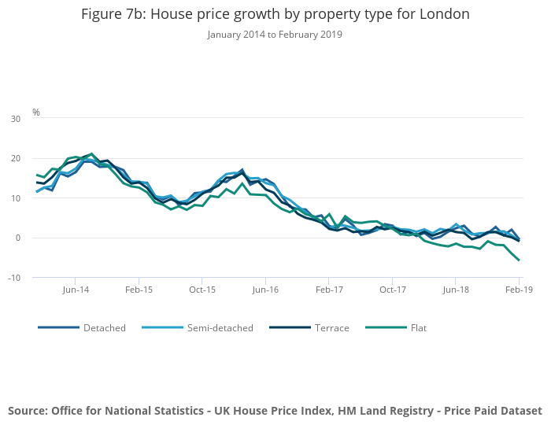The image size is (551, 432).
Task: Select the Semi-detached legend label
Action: coord(220,327)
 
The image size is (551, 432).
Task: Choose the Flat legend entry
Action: coord(418,327)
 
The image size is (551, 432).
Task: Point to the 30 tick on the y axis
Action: coord(16,119)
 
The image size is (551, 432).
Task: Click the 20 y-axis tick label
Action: coord(16,158)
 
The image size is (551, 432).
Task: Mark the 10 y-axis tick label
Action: coord(16,198)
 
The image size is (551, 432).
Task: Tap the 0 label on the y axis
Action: coord(18,238)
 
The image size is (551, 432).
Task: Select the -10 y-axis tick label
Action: coord(14,278)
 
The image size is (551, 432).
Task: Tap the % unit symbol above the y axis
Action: coord(36,113)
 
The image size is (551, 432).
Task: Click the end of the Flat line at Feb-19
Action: coord(519,260)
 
